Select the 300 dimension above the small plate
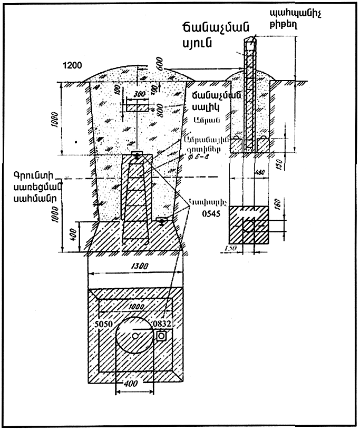(139, 94)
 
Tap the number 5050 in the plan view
(104, 324)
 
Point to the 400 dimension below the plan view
(134, 384)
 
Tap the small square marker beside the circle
(161, 335)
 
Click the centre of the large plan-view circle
(135, 335)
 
